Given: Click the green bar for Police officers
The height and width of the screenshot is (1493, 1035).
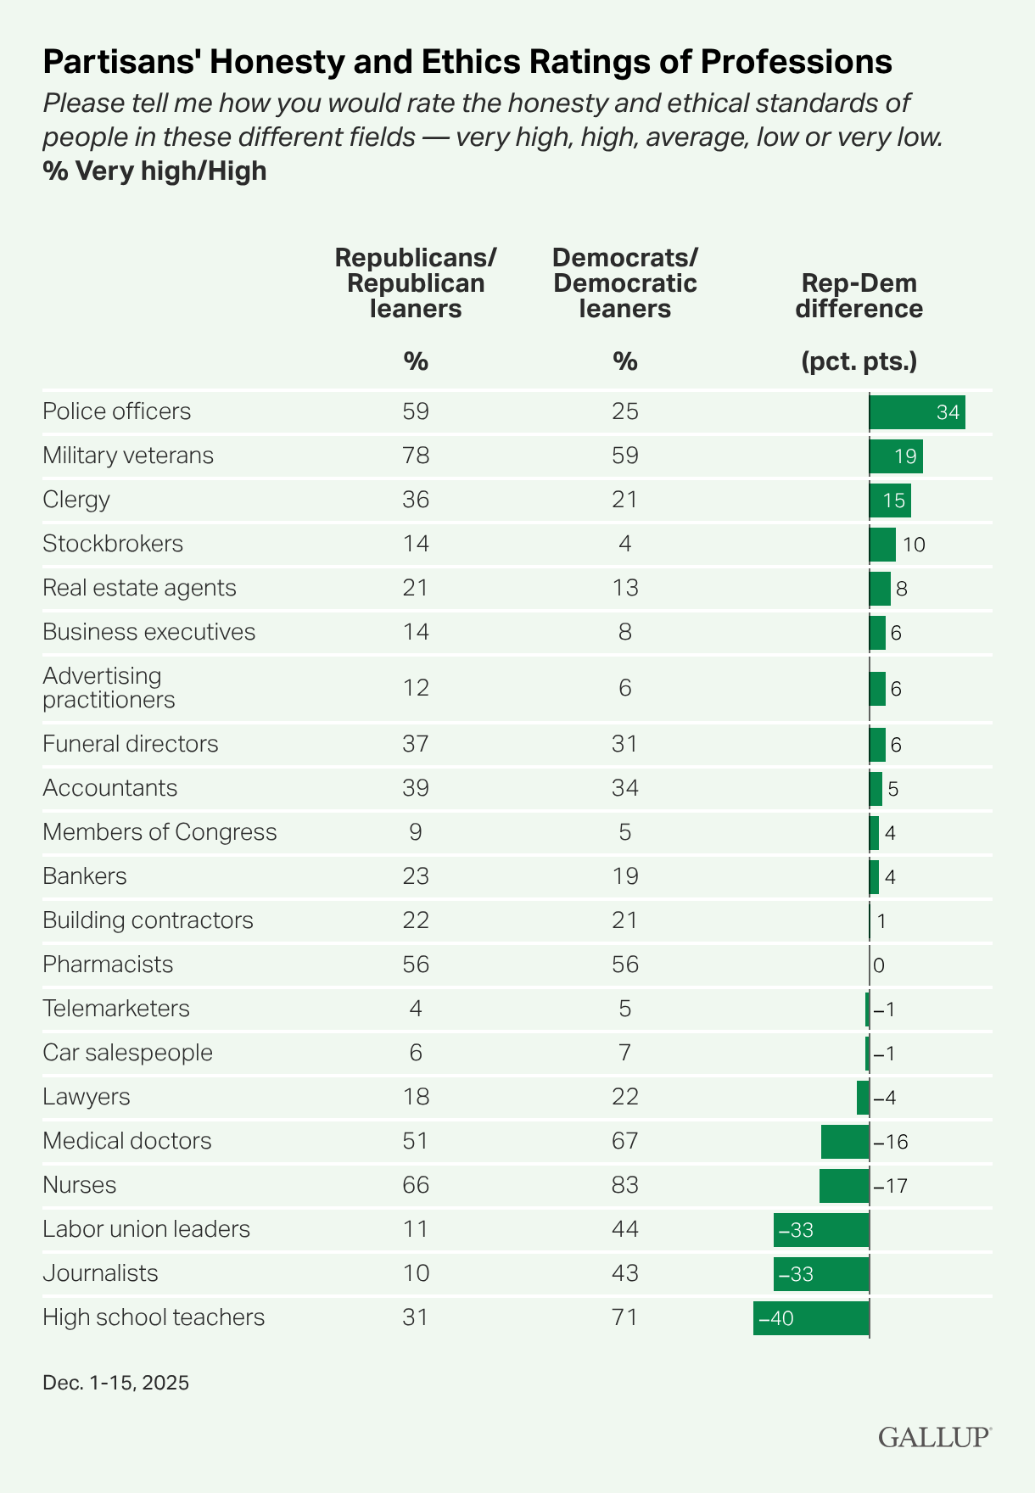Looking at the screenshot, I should point(917,412).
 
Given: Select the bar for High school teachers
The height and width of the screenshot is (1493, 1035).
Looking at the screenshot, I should point(811,1318).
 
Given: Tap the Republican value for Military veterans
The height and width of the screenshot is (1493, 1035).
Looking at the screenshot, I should point(416,456).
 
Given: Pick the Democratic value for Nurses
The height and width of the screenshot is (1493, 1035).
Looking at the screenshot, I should point(625,1185).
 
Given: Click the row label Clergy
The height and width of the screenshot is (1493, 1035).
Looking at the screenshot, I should point(76,500).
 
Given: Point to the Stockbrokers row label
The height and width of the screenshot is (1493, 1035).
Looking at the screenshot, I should point(113,544).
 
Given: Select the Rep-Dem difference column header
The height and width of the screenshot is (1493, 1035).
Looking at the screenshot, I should point(859,296).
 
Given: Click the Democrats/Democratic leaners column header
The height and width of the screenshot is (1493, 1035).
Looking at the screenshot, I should point(625,283).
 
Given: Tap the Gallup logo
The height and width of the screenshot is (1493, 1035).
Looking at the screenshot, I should point(934,1436).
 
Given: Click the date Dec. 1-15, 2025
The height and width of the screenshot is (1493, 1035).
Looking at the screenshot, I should point(115,1384).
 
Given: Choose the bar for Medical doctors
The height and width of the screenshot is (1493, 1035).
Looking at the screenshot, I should point(845,1142).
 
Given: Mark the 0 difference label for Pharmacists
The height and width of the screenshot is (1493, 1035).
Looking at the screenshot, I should point(879,965).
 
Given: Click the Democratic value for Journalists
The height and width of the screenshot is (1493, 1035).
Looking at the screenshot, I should point(625,1273).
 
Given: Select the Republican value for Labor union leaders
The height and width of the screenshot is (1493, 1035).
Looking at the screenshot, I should point(416,1229).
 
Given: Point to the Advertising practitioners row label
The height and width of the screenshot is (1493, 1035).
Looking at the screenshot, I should point(109,688).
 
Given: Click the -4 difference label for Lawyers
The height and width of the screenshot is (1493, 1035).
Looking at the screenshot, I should point(884,1098).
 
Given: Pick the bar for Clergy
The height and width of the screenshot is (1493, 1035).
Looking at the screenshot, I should point(890,500).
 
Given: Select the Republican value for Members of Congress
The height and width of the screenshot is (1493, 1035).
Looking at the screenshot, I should point(416,832).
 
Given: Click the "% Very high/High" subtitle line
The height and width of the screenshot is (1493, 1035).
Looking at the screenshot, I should point(154,171).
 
